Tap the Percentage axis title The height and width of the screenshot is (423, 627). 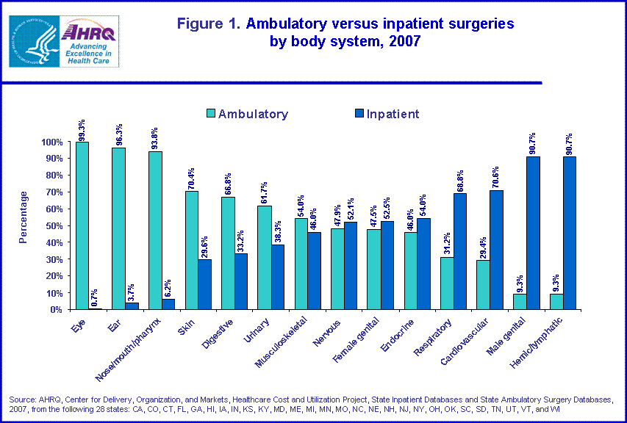pyautogui.click(x=24, y=217)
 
